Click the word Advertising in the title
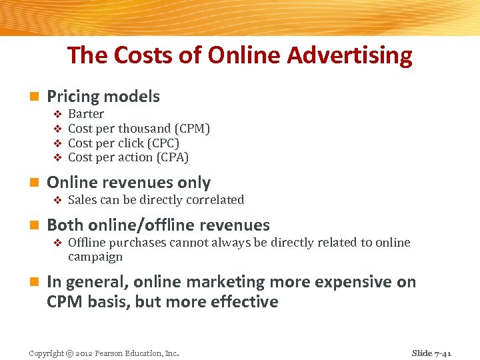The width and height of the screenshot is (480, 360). [350, 55]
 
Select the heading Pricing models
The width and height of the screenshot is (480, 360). [103, 97]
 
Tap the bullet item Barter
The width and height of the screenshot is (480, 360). [86, 114]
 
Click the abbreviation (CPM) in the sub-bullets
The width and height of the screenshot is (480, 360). [192, 129]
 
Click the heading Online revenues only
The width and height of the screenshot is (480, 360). [129, 183]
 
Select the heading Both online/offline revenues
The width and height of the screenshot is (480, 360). [158, 225]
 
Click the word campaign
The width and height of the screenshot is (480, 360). [95, 257]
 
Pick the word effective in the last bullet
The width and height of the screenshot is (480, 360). [244, 302]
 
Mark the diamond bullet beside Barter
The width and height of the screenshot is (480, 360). [57, 115]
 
